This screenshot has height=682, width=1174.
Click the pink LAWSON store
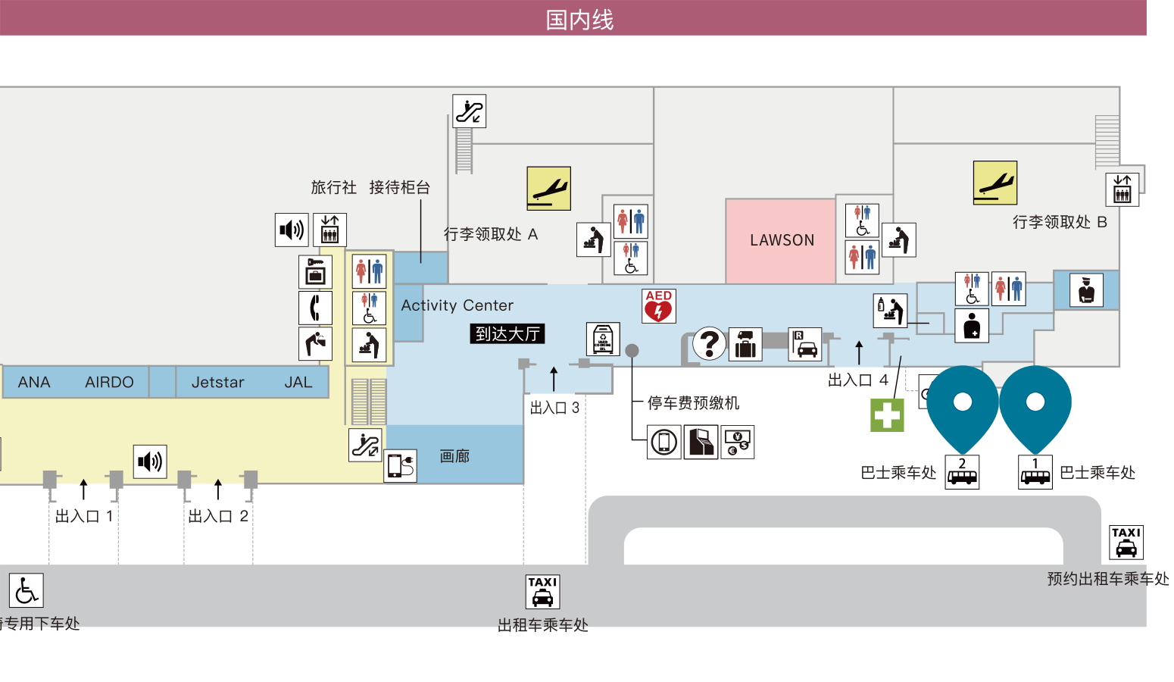pyautogui.click(x=780, y=241)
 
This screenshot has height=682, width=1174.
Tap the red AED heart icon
pyautogui.click(x=659, y=305)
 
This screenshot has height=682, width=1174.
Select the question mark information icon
pyautogui.click(x=709, y=343)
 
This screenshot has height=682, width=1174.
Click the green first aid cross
pyautogui.click(x=887, y=415)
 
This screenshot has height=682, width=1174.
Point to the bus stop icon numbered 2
pyautogui.click(x=962, y=472)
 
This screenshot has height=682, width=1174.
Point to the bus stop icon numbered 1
pyautogui.click(x=1035, y=472)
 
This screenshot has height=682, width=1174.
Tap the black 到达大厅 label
pyautogui.click(x=507, y=334)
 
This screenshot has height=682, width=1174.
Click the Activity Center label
pyautogui.click(x=457, y=305)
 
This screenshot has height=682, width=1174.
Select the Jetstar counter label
pyautogui.click(x=218, y=382)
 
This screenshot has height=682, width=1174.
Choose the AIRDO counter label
pyautogui.click(x=109, y=382)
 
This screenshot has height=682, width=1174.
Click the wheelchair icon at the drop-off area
pyautogui.click(x=26, y=590)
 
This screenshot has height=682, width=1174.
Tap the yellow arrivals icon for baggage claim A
pyautogui.click(x=548, y=189)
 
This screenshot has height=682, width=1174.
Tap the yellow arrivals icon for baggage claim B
pyautogui.click(x=994, y=183)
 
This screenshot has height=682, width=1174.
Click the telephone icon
pyautogui.click(x=315, y=308)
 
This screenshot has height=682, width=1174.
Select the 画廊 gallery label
pyautogui.click(x=454, y=456)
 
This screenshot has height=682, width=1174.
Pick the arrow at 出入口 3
pyautogui.click(x=554, y=379)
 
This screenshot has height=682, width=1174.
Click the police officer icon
pyautogui.click(x=1086, y=290)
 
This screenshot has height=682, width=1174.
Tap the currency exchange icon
pyautogui.click(x=738, y=443)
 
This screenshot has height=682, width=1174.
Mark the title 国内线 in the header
pyautogui.click(x=579, y=20)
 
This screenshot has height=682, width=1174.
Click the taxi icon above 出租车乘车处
pyautogui.click(x=542, y=592)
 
